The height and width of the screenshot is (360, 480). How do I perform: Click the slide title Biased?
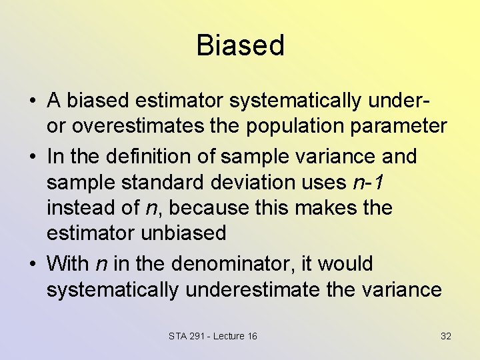(240, 45)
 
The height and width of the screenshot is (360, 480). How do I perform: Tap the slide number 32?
(446, 336)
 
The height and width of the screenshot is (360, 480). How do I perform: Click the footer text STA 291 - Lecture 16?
(213, 336)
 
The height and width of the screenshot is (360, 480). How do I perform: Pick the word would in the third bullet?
(345, 264)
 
